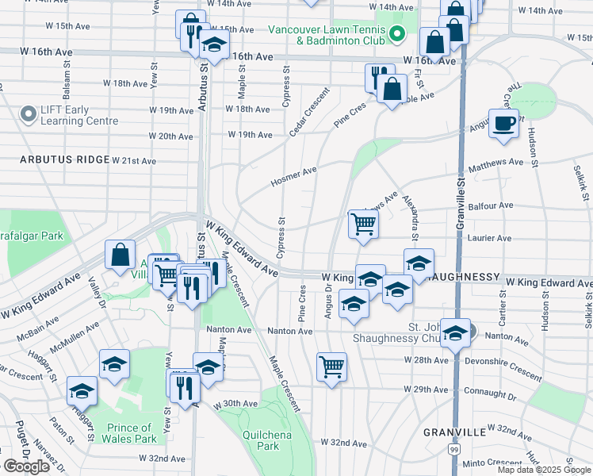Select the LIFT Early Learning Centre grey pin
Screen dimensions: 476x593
[29, 115]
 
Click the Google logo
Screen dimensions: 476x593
[26, 466]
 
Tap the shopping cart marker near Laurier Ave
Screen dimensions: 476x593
[363, 225]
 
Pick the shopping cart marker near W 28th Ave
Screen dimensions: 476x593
[331, 367]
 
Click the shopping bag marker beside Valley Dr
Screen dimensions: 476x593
[120, 255]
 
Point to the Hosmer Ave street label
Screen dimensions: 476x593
[293, 176]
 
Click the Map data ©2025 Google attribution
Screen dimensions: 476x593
[544, 470]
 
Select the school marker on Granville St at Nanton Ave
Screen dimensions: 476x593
[455, 334]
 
